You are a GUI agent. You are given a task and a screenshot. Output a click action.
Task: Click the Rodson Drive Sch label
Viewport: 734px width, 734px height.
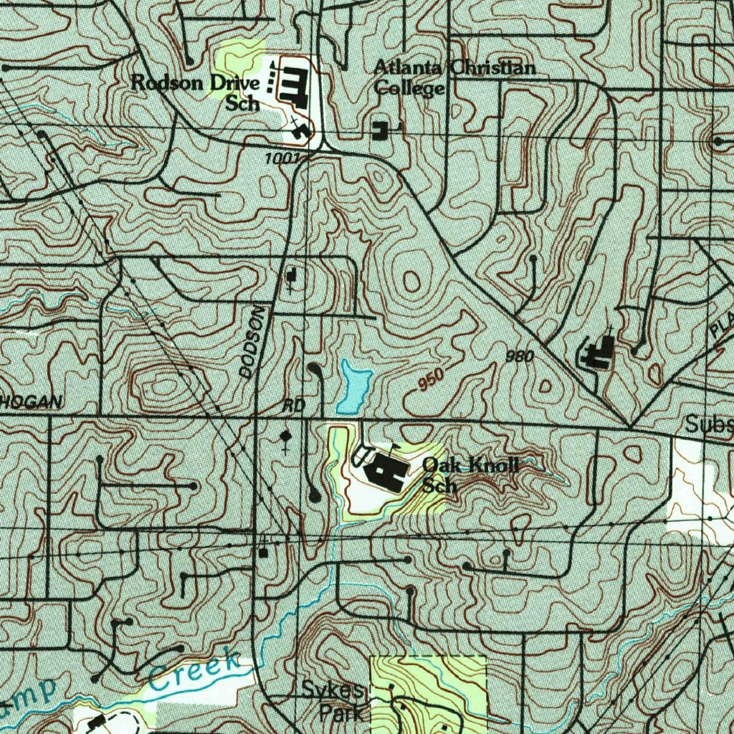pyautogui.click(x=195, y=92)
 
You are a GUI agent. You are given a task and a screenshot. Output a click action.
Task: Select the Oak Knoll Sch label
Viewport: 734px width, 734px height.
pyautogui.click(x=470, y=475)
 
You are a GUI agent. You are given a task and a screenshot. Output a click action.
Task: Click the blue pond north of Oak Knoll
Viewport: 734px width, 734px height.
pyautogui.click(x=354, y=387)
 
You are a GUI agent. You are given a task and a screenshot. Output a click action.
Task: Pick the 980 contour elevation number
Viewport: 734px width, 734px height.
pyautogui.click(x=519, y=356)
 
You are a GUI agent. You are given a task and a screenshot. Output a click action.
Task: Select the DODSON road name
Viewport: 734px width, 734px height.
pyautogui.click(x=252, y=342)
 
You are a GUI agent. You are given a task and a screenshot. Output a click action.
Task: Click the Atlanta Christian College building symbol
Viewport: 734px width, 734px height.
pyautogui.click(x=380, y=130)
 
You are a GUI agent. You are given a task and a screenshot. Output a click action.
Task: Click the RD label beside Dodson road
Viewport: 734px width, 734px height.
pyautogui.click(x=294, y=406)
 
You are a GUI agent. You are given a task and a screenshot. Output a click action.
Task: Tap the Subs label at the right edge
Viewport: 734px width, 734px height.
pyautogui.click(x=708, y=424)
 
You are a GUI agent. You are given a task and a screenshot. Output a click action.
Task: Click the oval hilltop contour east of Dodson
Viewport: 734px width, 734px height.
pyautogui.click(x=411, y=280)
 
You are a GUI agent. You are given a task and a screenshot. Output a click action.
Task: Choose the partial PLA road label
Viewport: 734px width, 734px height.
pyautogui.click(x=722, y=325)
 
